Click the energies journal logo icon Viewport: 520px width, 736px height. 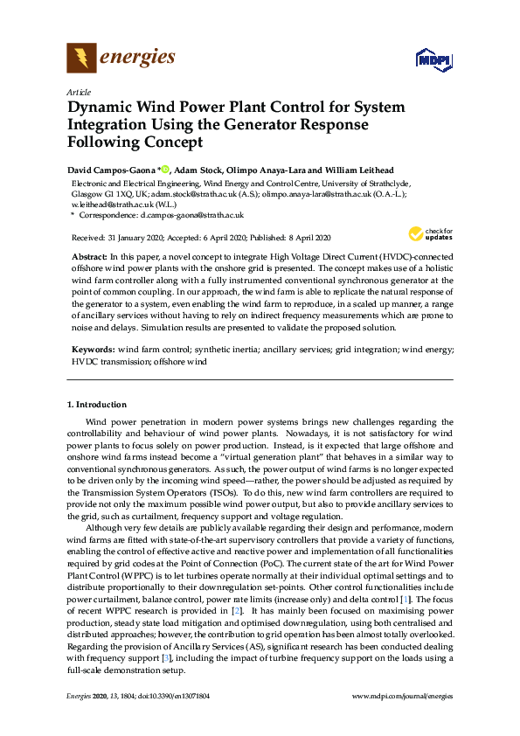coord(81,59)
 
